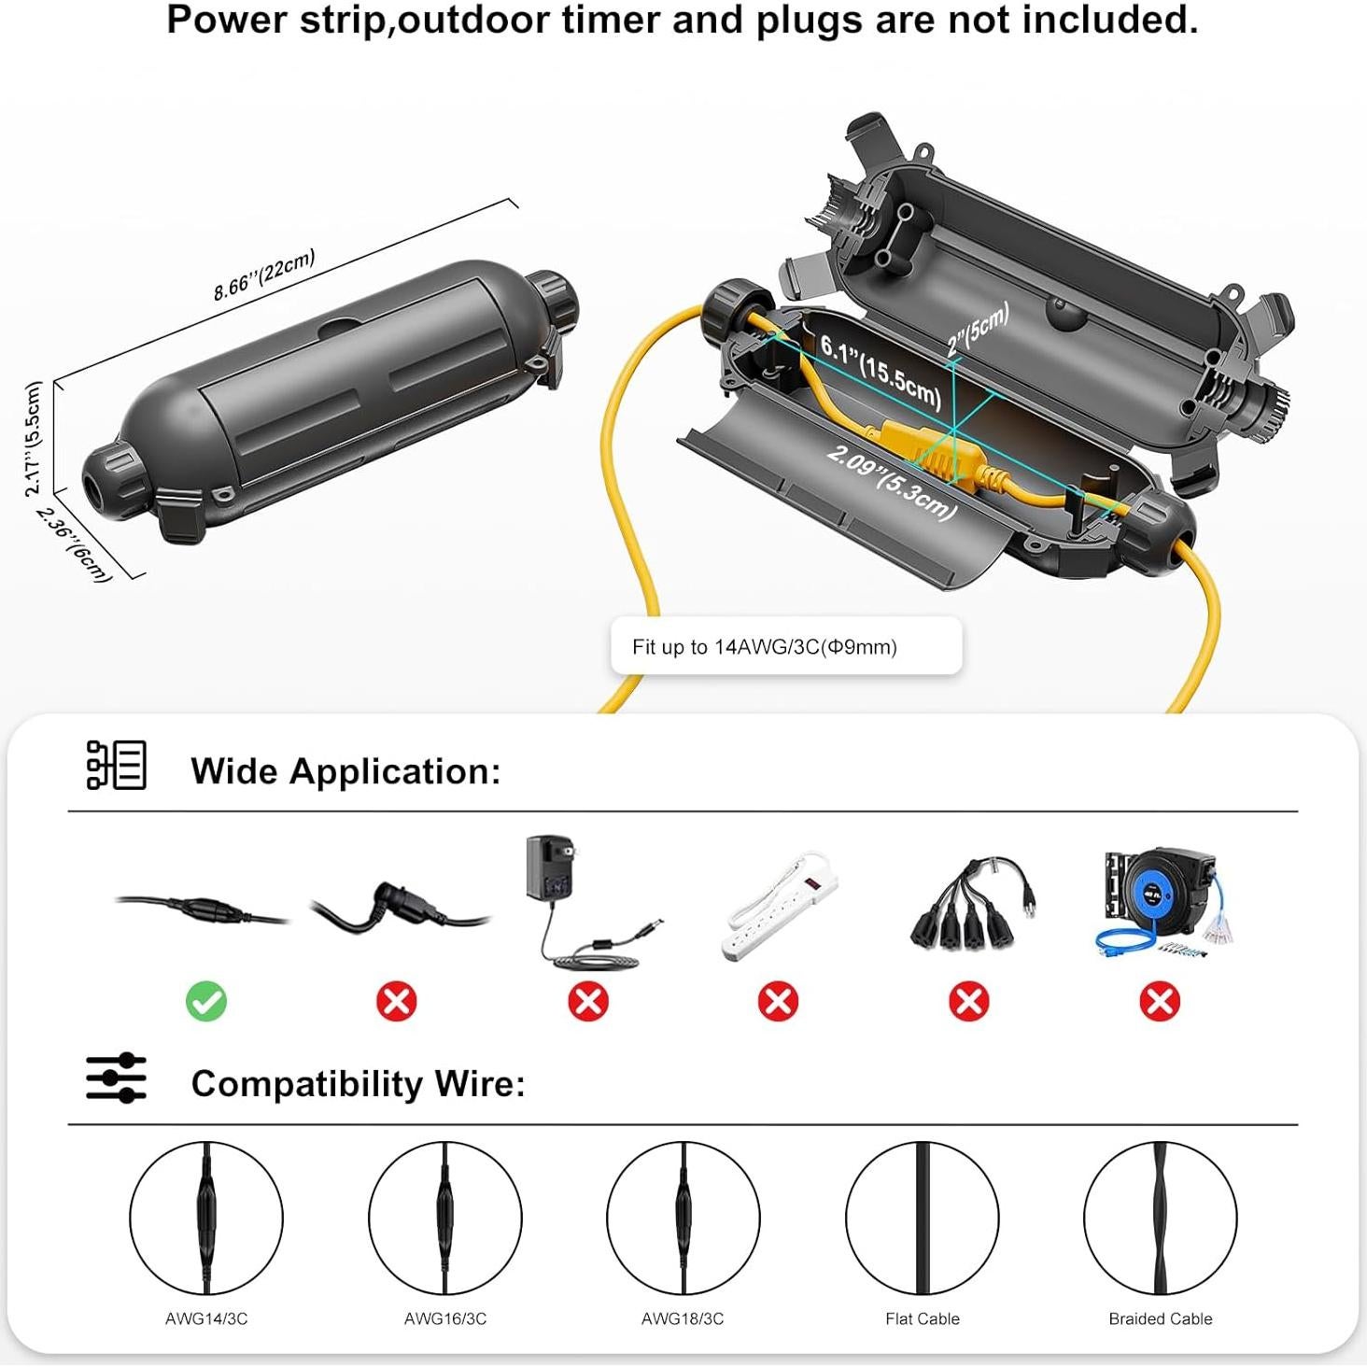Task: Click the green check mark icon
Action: pyautogui.click(x=206, y=1002)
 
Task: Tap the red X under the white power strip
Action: pyautogui.click(x=778, y=1002)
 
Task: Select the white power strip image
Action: pyautogui.click(x=780, y=905)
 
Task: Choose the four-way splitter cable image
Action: pyautogui.click(x=971, y=903)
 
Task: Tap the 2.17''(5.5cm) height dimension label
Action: pyautogui.click(x=34, y=439)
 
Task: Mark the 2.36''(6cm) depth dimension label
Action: pyautogui.click(x=75, y=545)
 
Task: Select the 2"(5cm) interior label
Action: pyautogui.click(x=978, y=330)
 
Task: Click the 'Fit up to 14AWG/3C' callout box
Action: pyautogui.click(x=785, y=646)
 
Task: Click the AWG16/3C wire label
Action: pyautogui.click(x=444, y=1318)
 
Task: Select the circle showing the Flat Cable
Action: pyautogui.click(x=922, y=1218)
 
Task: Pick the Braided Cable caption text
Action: pyautogui.click(x=1160, y=1318)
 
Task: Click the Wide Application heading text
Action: pyautogui.click(x=345, y=771)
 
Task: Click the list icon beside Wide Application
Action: pyautogui.click(x=116, y=766)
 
